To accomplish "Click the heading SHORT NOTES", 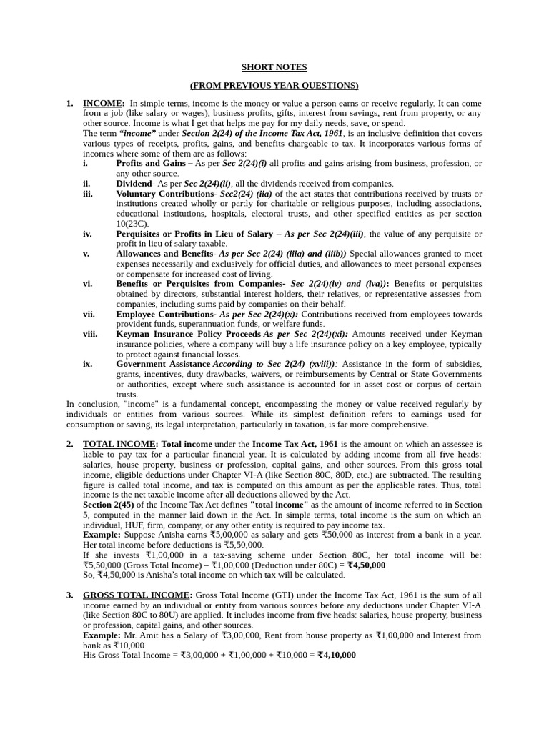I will click(274, 67).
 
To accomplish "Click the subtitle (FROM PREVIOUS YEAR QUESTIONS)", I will click(274, 86).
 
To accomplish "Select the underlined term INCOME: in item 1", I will click(104, 104).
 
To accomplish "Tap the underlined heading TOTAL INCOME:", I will click(120, 444).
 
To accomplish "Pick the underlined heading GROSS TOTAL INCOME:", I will click(137, 595).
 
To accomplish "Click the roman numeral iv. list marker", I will click(87, 234).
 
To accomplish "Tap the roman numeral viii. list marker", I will click(89, 334).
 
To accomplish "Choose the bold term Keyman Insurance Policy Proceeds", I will click(189, 334).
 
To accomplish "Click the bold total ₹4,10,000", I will click(337, 655).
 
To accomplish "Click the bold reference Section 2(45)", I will click(108, 505).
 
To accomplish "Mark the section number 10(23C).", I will click(132, 224).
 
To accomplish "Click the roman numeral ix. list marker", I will click(87, 364).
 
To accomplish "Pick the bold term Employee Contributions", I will click(165, 314).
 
